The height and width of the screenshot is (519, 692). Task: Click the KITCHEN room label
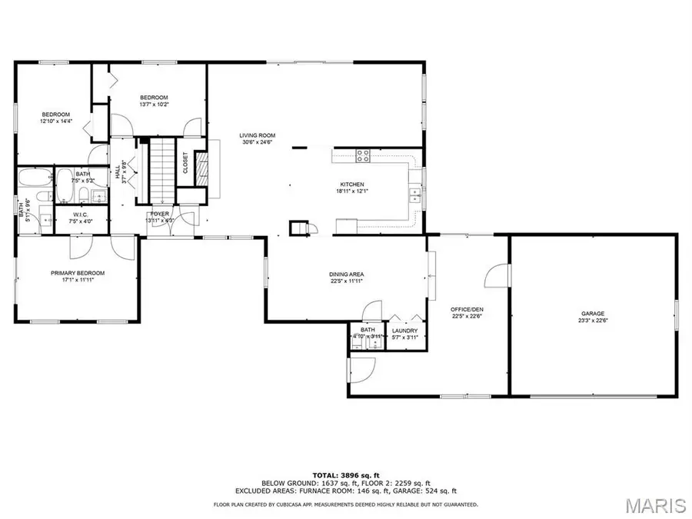pos(352,185)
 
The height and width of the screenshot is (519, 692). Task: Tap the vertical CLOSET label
pos(185,162)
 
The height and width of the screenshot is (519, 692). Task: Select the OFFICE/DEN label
pos(467,308)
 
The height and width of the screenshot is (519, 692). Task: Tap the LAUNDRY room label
pos(404,331)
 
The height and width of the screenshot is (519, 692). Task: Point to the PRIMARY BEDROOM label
pos(78,273)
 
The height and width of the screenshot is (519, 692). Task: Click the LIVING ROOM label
pos(258,135)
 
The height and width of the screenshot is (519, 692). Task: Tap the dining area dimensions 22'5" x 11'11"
pos(345,281)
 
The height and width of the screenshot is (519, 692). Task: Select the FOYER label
pos(160,215)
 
